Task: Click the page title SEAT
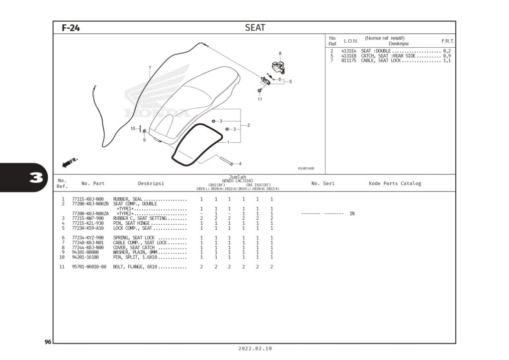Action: pyautogui.click(x=255, y=28)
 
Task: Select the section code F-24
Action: pyautogui.click(x=71, y=28)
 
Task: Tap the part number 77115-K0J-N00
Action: pyautogui.click(x=87, y=199)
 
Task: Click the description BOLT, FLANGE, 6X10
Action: pyautogui.click(x=135, y=267)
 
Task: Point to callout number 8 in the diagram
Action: pyautogui.click(x=280, y=54)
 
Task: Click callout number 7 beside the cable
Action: pyautogui.click(x=149, y=68)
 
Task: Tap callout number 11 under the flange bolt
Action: pyautogui.click(x=259, y=99)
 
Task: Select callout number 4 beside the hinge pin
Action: pyautogui.click(x=240, y=164)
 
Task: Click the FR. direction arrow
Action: pyautogui.click(x=70, y=162)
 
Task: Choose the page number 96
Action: pyautogui.click(x=48, y=342)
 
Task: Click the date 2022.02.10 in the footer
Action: pyautogui.click(x=255, y=349)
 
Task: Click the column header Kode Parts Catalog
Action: pyautogui.click(x=395, y=183)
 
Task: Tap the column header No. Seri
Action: pyautogui.click(x=323, y=183)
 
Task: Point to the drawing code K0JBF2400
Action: pyautogui.click(x=306, y=168)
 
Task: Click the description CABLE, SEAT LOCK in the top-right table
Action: pyautogui.click(x=381, y=61)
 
